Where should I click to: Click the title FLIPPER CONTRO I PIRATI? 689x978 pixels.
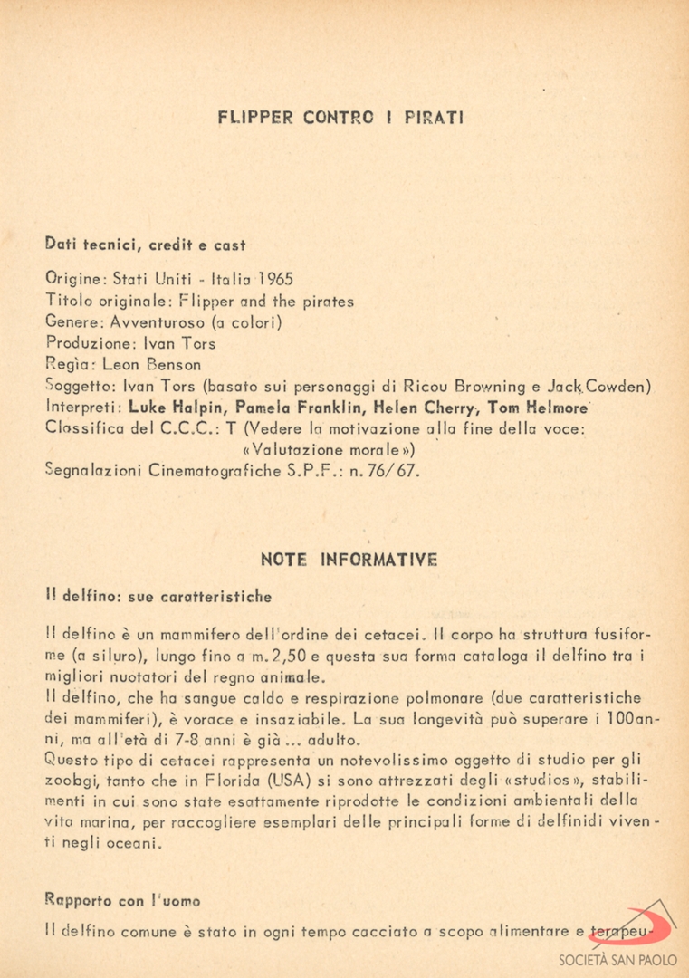[341, 118]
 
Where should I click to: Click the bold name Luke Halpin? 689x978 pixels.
[166, 408]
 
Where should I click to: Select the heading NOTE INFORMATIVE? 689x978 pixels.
[349, 560]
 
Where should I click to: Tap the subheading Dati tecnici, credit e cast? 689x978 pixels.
[145, 244]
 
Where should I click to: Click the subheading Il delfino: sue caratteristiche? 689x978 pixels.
[158, 597]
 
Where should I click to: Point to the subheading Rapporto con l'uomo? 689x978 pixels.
[122, 901]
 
